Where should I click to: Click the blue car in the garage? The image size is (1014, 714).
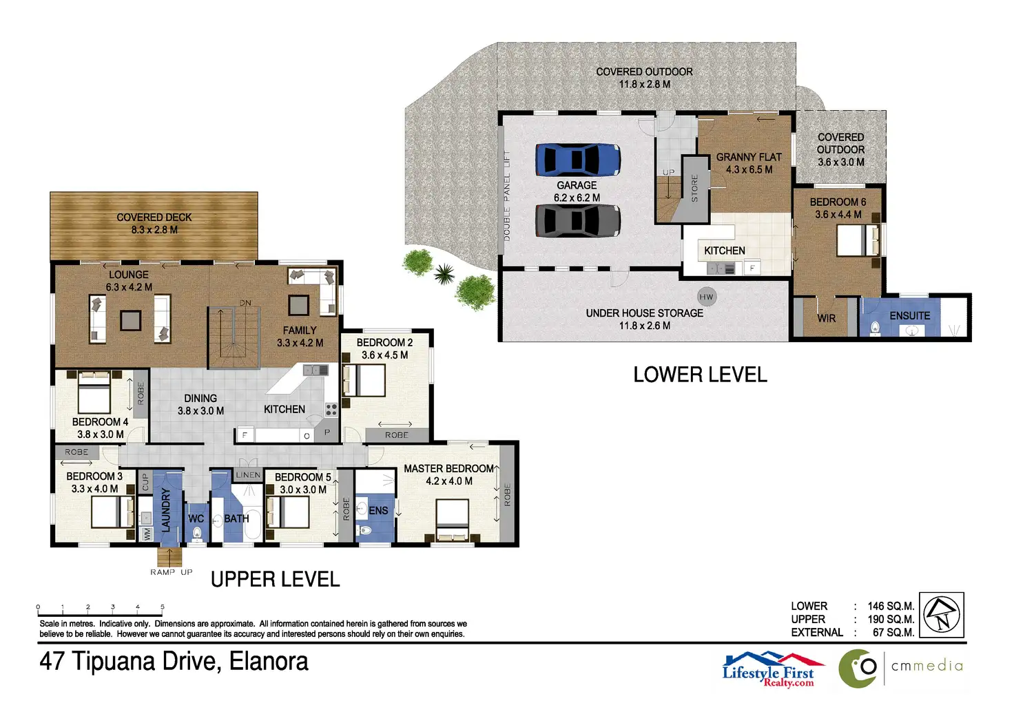tap(578, 159)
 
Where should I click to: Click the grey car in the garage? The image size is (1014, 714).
tap(578, 221)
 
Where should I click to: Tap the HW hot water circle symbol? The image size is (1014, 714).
tap(706, 297)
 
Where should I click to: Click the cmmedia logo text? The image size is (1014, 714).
tap(927, 666)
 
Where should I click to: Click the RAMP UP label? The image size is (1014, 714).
tap(172, 572)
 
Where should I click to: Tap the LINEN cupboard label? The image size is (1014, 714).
tap(248, 474)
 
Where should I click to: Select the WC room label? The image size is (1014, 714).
tap(196, 518)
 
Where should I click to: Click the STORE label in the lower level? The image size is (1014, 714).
tap(694, 188)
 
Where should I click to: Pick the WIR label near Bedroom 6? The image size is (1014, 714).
tap(826, 319)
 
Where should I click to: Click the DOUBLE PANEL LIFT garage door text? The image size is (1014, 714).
tap(506, 196)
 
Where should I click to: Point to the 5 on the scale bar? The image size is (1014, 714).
tap(162, 607)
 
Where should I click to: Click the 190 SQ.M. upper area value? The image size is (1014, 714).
tap(891, 619)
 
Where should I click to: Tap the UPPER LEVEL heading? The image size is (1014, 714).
tap(276, 580)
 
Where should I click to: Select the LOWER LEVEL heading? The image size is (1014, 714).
tap(700, 375)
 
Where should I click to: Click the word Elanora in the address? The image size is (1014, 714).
tap(269, 662)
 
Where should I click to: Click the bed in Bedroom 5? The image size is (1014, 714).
tap(281, 512)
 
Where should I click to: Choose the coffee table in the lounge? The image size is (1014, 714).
tap(130, 321)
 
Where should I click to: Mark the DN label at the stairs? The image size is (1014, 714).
tap(245, 303)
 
